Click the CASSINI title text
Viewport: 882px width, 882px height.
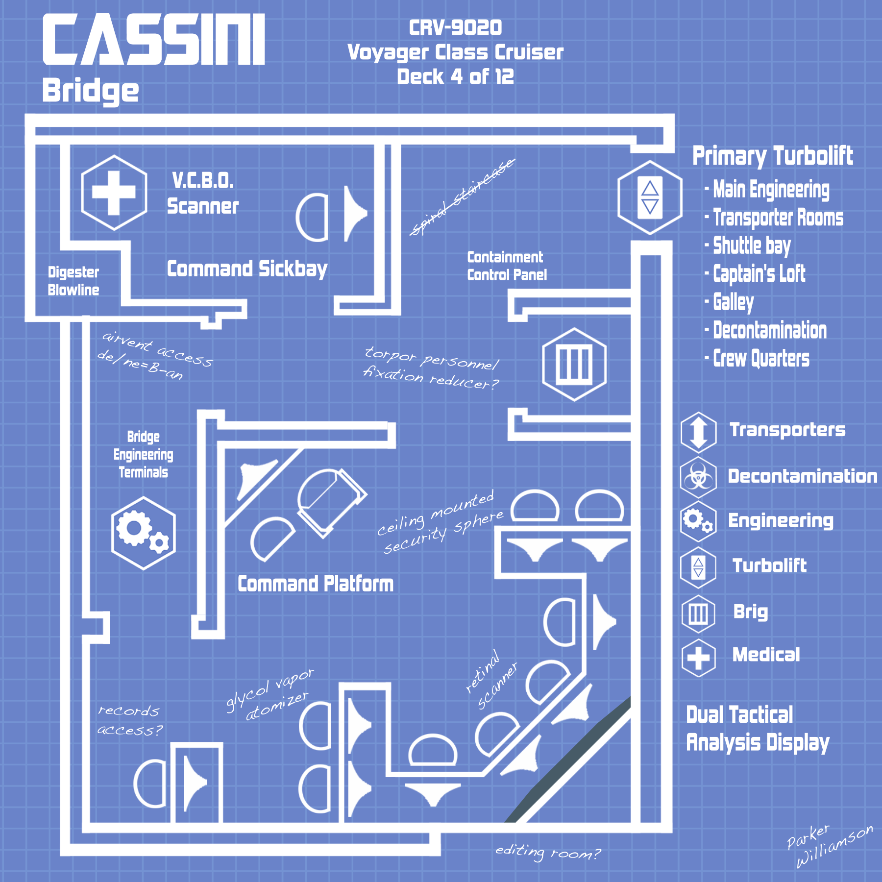tap(154, 39)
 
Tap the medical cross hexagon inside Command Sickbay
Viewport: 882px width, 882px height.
tap(114, 193)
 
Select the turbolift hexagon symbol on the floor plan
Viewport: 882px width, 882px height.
tap(650, 197)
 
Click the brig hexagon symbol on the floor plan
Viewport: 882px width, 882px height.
tap(574, 365)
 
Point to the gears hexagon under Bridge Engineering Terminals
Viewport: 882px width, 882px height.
tap(144, 533)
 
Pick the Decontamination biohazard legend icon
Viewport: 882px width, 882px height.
tap(699, 476)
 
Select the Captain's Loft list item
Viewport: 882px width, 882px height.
tap(755, 274)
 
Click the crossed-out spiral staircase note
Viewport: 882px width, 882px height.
tap(462, 197)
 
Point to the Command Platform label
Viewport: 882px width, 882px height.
tap(316, 584)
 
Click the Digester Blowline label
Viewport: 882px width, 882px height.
tap(73, 281)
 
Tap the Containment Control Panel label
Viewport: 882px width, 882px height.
tap(507, 266)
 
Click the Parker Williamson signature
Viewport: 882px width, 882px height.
tap(830, 845)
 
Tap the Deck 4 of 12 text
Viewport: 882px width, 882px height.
tap(456, 76)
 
